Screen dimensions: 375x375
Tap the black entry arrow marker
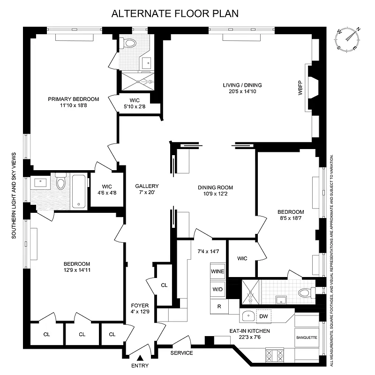[x=139, y=359]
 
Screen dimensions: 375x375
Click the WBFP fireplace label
[x=300, y=90]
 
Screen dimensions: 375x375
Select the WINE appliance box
[x=217, y=271]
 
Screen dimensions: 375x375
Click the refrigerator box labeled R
[x=219, y=306]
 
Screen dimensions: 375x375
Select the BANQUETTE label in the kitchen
[x=307, y=337]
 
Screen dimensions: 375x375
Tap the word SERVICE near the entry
[x=181, y=353]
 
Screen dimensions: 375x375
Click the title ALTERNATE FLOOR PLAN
[x=175, y=13]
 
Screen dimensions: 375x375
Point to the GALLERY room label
[x=147, y=186]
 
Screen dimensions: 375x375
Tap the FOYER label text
[x=140, y=306]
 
